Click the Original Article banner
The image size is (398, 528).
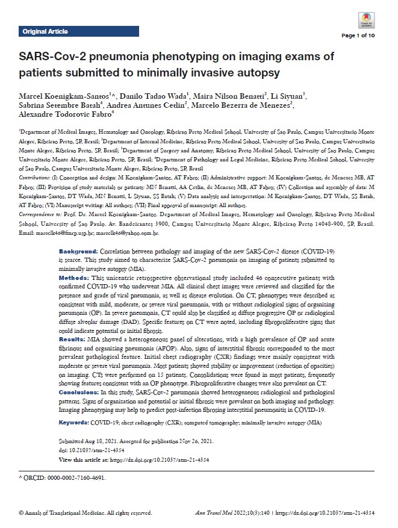(x=45, y=31)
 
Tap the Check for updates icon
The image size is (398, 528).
(x=365, y=20)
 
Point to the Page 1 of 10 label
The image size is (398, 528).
(x=358, y=36)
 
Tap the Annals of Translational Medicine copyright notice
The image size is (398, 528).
(x=84, y=513)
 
